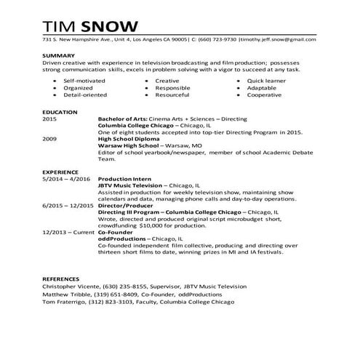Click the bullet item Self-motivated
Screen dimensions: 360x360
coord(82,80)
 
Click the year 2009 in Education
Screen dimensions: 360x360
coord(49,137)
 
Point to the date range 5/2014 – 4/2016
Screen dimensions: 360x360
coord(66,178)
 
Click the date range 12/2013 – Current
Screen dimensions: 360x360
coord(68,231)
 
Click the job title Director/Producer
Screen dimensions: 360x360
coord(123,205)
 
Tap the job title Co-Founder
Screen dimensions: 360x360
coord(116,231)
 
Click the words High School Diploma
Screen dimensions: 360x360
coord(128,137)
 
